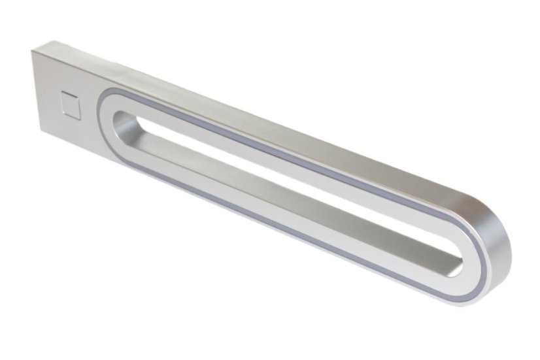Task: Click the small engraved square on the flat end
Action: point(70,104)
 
